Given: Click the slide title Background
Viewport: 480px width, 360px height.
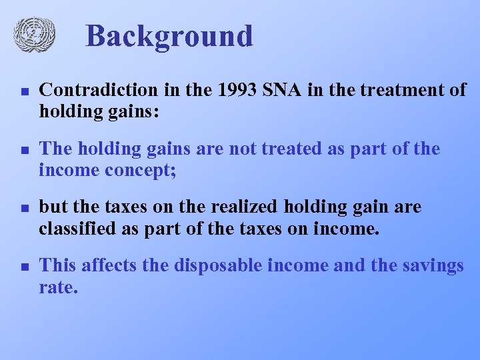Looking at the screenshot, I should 169,36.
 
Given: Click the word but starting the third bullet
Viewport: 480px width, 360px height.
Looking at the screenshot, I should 53,207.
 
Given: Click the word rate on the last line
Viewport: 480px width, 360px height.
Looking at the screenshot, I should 58,287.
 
